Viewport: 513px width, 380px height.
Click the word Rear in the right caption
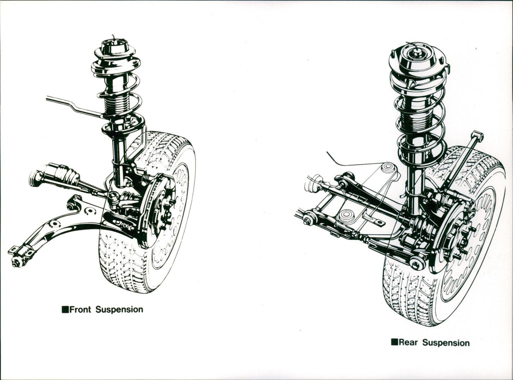(x=409, y=343)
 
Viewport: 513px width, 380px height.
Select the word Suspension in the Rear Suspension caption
(x=446, y=343)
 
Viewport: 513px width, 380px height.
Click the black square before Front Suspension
(x=65, y=309)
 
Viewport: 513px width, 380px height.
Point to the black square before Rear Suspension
(x=394, y=342)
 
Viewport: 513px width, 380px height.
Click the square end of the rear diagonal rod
(x=477, y=135)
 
